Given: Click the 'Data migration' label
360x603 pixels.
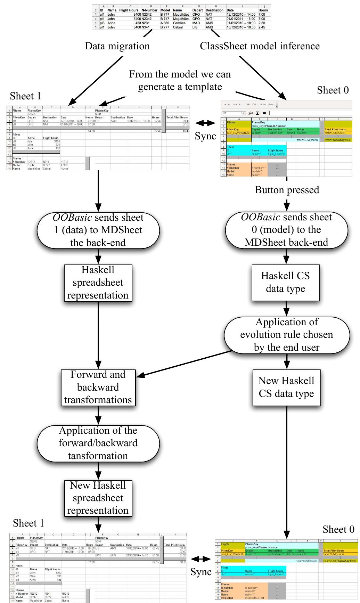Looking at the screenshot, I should [x=117, y=46].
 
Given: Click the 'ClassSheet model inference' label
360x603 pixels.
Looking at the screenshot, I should [x=260, y=46].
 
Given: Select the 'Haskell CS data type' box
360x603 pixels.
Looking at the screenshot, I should [x=286, y=282].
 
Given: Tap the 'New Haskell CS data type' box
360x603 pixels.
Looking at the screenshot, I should [x=286, y=387].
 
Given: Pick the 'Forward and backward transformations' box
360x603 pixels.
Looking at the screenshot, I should [x=98, y=387].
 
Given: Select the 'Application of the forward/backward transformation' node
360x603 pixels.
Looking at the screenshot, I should [x=98, y=443].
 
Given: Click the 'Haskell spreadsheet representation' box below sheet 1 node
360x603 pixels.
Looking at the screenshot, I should [x=98, y=283].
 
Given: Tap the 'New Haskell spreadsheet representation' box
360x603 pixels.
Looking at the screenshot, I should [x=98, y=498].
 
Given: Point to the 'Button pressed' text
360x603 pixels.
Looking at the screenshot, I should [x=287, y=190].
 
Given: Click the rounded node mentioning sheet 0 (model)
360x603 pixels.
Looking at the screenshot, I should [x=286, y=230].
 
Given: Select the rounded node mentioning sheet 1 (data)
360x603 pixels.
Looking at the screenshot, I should [x=98, y=230].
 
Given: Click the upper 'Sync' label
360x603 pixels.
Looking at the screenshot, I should [x=206, y=136].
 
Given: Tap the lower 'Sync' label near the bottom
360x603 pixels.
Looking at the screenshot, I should [x=201, y=572].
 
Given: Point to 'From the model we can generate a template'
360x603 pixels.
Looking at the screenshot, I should [x=180, y=80].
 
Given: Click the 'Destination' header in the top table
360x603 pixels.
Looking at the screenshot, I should [x=214, y=10].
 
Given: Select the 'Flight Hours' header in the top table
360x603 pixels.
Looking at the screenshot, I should [x=129, y=10].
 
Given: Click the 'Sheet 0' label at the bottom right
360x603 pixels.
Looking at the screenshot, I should [x=338, y=529].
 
